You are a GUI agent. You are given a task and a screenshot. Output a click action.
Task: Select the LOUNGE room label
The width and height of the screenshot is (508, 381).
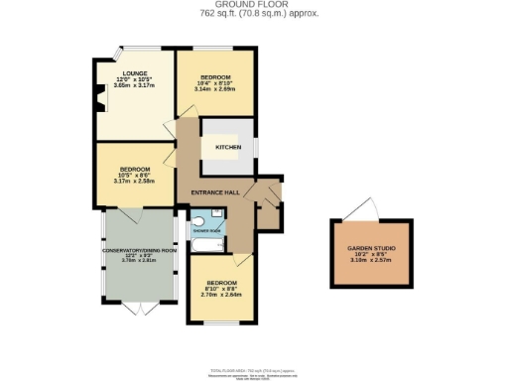pyautogui.click(x=135, y=73)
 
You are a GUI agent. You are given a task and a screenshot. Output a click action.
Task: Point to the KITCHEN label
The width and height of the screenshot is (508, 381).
pyautogui.click(x=228, y=147)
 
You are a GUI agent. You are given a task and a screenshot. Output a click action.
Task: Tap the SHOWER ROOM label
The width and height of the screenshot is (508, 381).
pyautogui.click(x=207, y=230)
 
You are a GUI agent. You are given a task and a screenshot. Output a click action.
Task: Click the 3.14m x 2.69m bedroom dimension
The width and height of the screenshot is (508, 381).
pyautogui.click(x=216, y=89)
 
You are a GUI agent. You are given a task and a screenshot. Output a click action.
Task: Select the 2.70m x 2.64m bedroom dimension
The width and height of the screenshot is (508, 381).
pyautogui.click(x=222, y=295)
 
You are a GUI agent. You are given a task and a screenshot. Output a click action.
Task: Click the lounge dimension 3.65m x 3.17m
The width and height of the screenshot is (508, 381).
pyautogui.click(x=135, y=86)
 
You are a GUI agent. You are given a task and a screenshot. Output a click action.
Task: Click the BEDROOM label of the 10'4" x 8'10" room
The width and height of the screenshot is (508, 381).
pyautogui.click(x=216, y=77)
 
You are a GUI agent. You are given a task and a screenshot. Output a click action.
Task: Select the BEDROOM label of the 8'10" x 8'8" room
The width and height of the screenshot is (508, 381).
pyautogui.click(x=222, y=282)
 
